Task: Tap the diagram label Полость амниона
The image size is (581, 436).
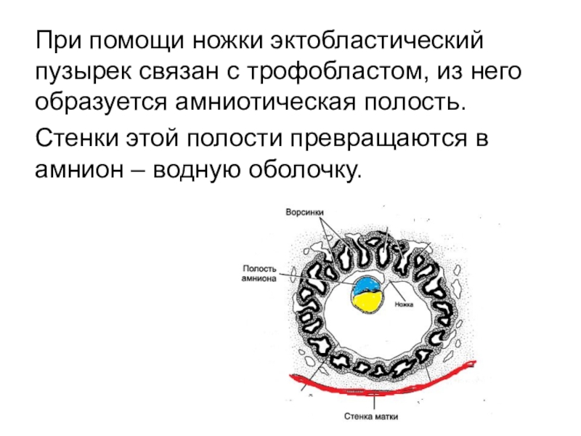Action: tap(259, 273)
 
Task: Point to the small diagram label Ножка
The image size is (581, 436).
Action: tap(403, 304)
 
